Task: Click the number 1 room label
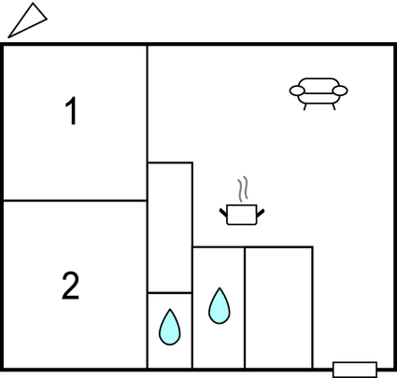72,111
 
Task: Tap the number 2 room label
70,286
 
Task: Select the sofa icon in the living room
319,94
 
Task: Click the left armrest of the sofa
297,91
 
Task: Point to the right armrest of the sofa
340,91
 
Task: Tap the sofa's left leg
305,106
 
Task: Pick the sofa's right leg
333,106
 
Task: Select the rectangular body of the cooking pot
242,215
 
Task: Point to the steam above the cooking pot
243,189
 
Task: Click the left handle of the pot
223,213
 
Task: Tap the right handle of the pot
261,213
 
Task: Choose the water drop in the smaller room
170,327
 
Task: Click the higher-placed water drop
220,306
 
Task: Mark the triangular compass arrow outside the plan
27,21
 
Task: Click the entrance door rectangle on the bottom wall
355,370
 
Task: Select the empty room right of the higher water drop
278,308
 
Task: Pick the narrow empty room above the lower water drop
170,228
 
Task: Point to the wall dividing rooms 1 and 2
75,201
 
